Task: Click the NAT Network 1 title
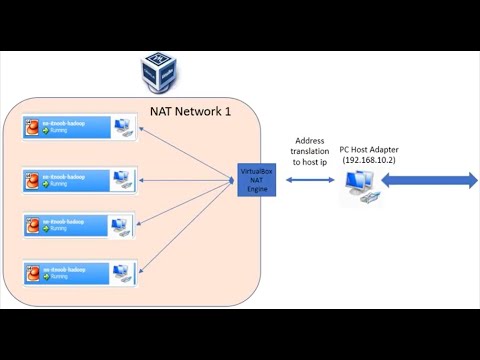tap(190, 111)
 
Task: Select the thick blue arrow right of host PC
tap(428, 180)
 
